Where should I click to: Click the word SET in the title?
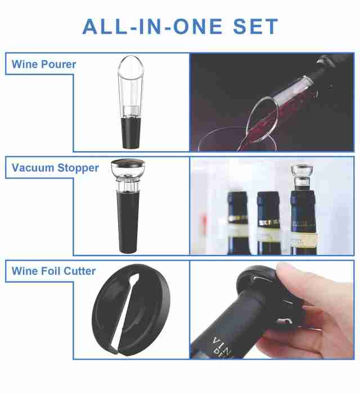coord(255,26)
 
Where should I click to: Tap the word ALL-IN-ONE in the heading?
coord(152,26)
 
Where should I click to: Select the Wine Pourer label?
coord(44,64)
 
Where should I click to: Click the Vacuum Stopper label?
coord(55,168)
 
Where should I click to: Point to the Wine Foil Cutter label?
coord(53,271)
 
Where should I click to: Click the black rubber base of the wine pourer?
coord(131,133)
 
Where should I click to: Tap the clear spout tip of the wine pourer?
coord(131,66)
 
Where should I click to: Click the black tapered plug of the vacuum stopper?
coord(128,221)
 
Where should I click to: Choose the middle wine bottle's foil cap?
coord(268,209)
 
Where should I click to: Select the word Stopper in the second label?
coord(78,168)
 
